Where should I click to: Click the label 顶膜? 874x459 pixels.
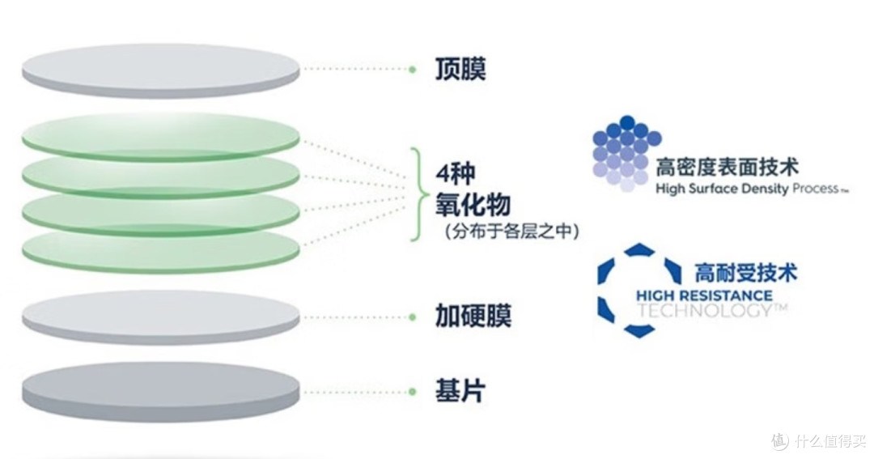point(460,69)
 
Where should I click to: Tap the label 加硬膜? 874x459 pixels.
point(473,317)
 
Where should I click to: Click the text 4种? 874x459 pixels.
point(456,175)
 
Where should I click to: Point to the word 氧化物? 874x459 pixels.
point(473,205)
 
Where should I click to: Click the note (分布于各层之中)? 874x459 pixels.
point(511,231)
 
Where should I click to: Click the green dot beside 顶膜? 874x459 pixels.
point(412,70)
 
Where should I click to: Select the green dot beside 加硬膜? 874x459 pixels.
point(412,317)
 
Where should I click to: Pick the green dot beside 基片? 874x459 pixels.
point(412,392)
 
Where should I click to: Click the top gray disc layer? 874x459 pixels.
point(160,70)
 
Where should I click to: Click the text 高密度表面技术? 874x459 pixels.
point(727,167)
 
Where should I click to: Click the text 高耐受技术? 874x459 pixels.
point(745,273)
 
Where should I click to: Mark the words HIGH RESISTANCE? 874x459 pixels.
point(704,295)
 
